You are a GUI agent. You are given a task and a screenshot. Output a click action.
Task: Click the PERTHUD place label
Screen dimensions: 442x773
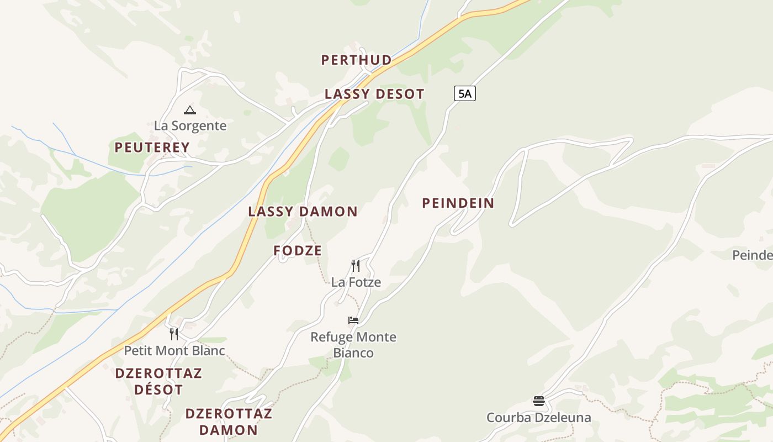pos(356,60)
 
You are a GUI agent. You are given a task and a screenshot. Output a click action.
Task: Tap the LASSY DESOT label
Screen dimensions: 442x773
pos(374,94)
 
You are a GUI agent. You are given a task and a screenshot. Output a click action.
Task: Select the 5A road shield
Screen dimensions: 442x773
pos(464,93)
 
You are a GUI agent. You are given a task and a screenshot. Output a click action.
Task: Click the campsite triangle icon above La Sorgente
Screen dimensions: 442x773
pos(190,110)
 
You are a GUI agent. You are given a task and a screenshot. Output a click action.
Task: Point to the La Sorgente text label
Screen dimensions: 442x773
pos(190,125)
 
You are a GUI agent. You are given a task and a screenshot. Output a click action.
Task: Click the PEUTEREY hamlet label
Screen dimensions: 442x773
pos(152,148)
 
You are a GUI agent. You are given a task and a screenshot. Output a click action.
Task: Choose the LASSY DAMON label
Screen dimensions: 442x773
pos(303,211)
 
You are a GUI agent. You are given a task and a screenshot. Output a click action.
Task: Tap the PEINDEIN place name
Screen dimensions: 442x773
pos(458,203)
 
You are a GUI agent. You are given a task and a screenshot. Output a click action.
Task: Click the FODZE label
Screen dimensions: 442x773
pos(298,250)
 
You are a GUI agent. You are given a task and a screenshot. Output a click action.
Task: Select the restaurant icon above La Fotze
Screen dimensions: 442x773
pos(356,266)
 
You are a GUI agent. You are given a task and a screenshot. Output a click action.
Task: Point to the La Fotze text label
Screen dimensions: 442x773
pos(356,282)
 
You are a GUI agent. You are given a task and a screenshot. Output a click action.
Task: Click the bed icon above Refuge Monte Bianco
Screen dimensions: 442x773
pos(353,320)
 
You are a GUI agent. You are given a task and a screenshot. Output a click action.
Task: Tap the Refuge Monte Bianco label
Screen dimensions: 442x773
pos(353,345)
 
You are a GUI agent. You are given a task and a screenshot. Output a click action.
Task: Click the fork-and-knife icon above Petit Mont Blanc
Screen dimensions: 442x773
pos(174,334)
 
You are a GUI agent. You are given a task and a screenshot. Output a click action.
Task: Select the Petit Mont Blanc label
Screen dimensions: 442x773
pos(174,350)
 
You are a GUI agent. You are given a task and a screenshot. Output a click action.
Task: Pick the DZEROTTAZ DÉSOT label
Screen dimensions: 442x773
pos(158,381)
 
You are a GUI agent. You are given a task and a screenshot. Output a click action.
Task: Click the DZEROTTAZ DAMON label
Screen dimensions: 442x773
pos(229,422)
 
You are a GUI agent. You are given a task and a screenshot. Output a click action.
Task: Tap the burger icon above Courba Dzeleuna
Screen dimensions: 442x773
pos(539,401)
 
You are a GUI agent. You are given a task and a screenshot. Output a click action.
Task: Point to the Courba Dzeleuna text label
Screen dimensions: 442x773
pos(538,417)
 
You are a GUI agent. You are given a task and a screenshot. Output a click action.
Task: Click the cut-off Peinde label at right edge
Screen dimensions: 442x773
pos(752,255)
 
